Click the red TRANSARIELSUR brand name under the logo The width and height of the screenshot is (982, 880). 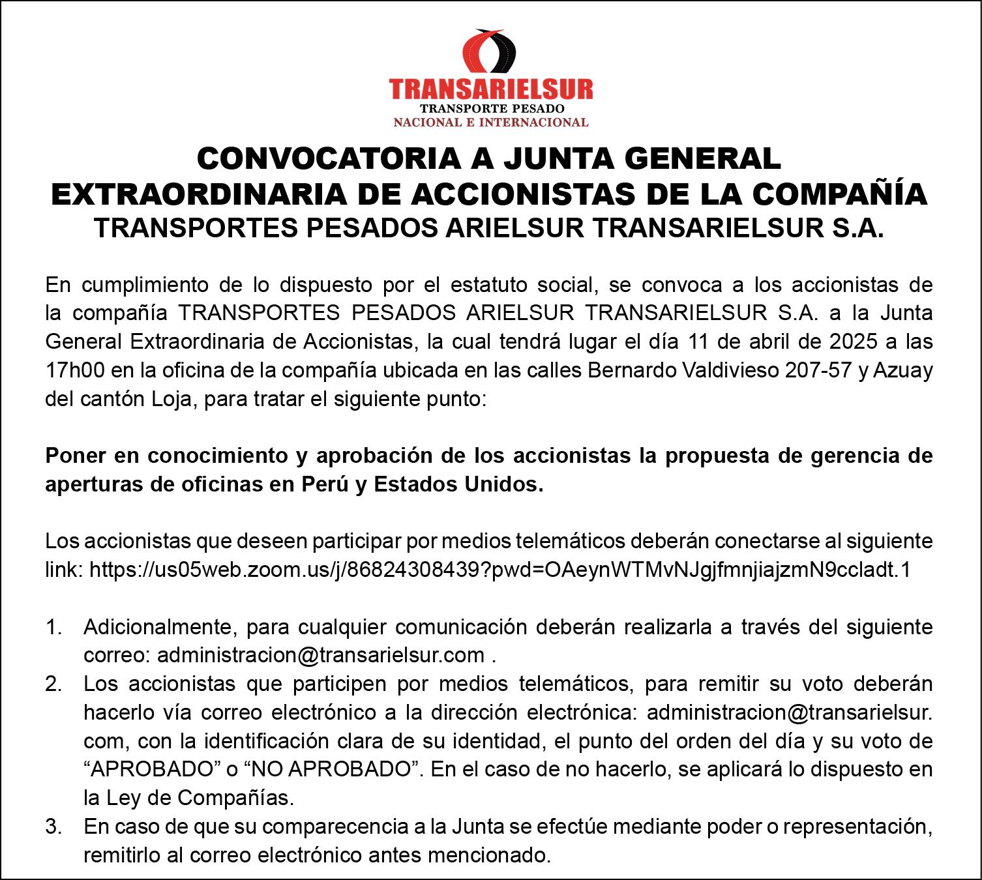[x=490, y=89]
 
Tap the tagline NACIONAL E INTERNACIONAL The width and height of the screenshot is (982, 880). [x=490, y=122]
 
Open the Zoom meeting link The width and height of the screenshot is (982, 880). [x=499, y=570]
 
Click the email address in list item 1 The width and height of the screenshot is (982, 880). [x=321, y=655]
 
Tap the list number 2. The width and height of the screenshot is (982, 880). [x=53, y=684]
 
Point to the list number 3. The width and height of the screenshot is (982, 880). [x=53, y=827]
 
